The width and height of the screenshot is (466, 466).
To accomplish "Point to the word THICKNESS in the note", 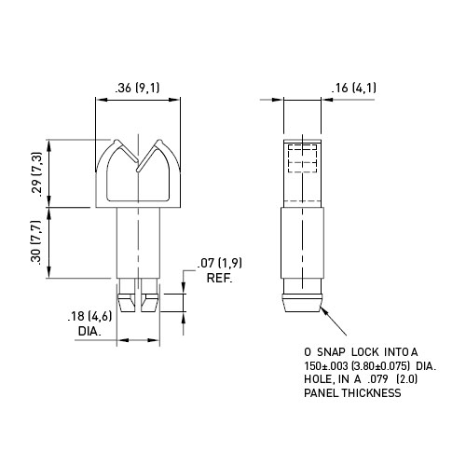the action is tap(372, 393).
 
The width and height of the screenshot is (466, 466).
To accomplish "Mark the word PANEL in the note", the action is tap(322, 393).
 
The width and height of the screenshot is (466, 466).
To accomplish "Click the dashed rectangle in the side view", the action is tap(303, 158).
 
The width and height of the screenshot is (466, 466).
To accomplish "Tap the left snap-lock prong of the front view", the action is tap(127, 295).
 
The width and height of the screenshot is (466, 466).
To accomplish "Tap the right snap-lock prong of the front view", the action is tap(150, 295).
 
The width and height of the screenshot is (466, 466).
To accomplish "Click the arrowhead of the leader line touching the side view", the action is tap(323, 310).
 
